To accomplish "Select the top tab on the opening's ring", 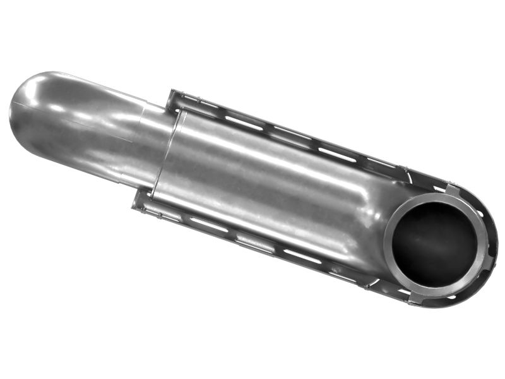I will [452, 189].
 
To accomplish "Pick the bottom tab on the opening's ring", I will [417, 297].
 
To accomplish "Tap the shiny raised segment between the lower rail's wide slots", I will [255, 243].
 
